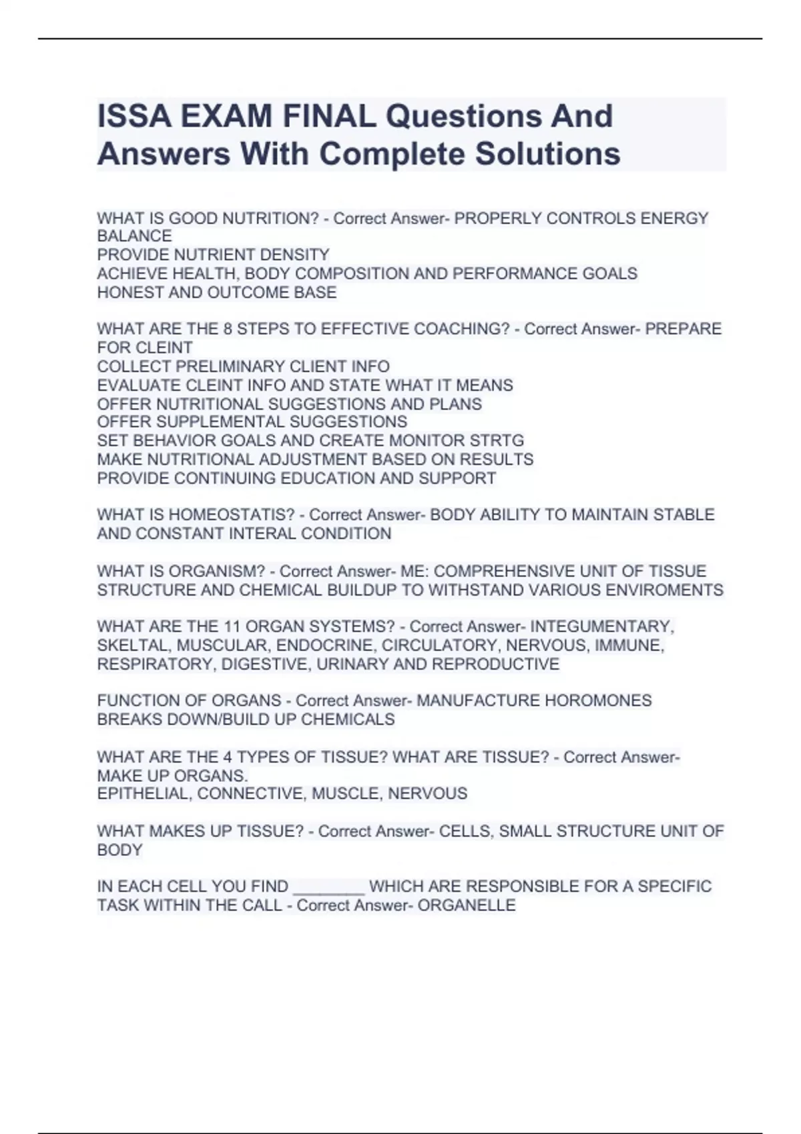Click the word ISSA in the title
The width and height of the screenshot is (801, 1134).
click(x=133, y=116)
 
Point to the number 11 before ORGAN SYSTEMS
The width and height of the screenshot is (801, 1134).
click(x=232, y=627)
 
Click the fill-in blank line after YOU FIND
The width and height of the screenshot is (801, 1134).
click(x=328, y=891)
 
